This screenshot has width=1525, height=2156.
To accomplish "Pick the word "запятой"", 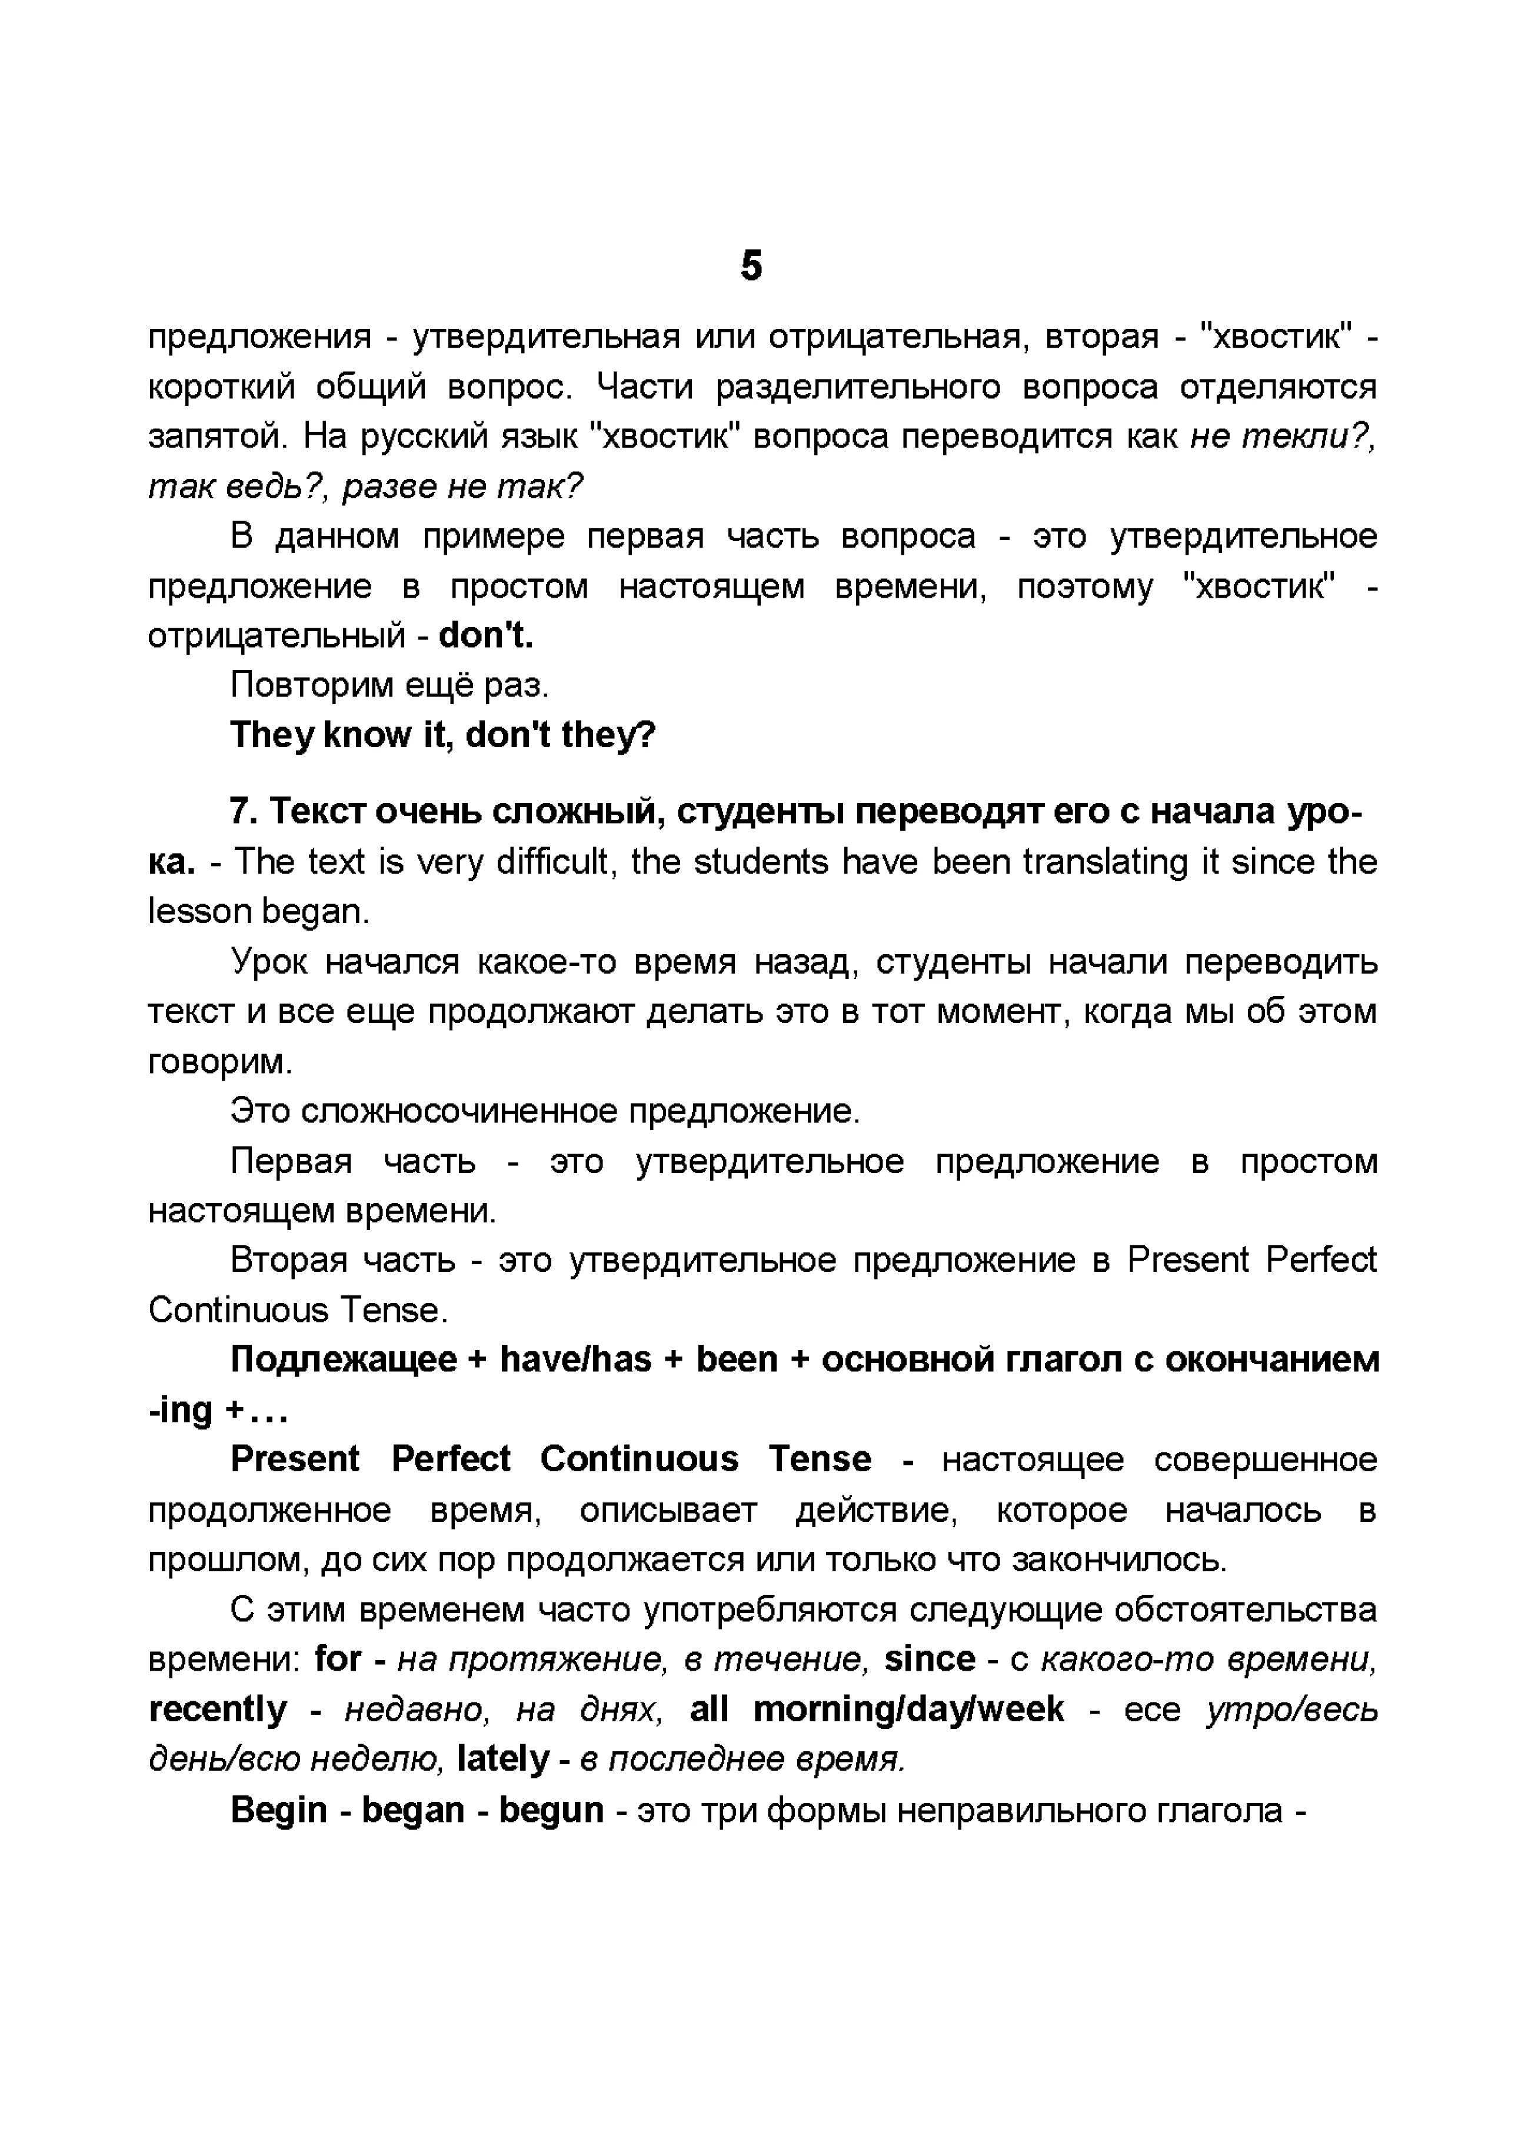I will [x=214, y=436].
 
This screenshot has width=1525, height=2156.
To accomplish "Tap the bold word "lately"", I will [x=502, y=1759].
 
